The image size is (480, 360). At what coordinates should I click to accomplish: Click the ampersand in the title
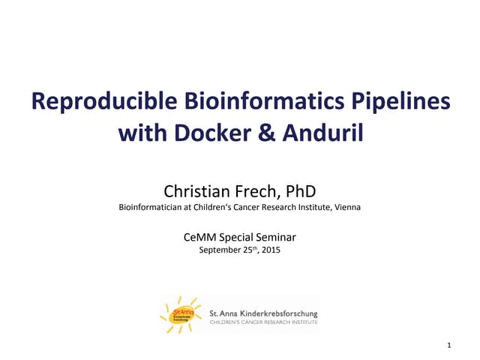pos(268,134)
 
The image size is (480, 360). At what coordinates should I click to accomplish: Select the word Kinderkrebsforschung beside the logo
pos(277,313)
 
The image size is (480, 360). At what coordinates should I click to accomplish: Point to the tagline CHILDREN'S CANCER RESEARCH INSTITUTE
pos(264,322)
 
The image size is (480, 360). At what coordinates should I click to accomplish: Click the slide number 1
pos(448,345)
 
